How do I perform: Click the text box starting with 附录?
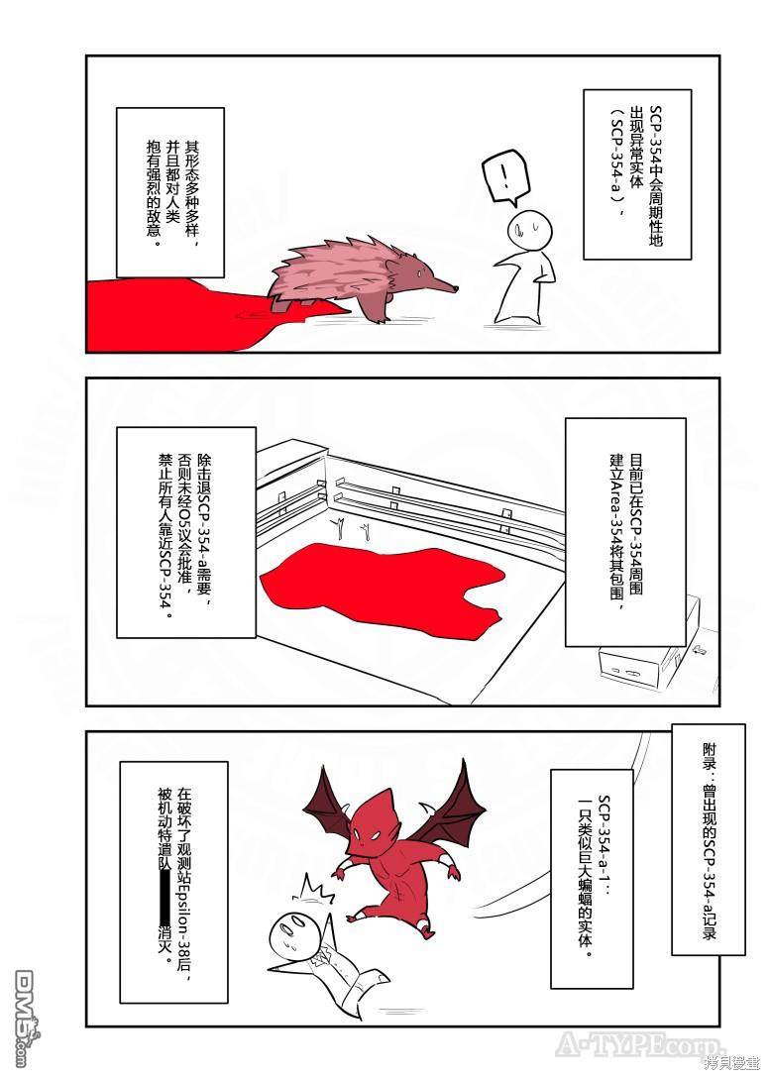click(708, 839)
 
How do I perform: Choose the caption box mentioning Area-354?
click(625, 532)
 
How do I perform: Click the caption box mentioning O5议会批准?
click(186, 532)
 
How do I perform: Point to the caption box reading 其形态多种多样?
click(170, 192)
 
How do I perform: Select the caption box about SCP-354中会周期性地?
click(637, 173)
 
